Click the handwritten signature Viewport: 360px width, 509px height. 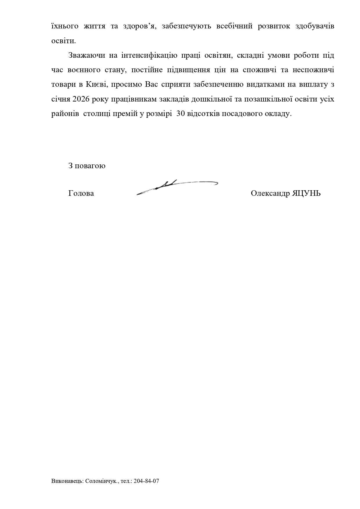[177, 186]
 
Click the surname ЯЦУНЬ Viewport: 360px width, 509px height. [306, 193]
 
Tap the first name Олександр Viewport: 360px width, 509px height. [270, 193]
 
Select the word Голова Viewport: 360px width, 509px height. [81, 193]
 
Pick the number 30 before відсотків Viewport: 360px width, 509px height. [180, 114]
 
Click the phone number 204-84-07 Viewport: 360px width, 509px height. [146, 481]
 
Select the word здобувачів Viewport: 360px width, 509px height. [315, 26]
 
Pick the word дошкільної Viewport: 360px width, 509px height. [212, 99]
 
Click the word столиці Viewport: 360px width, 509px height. [97, 114]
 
